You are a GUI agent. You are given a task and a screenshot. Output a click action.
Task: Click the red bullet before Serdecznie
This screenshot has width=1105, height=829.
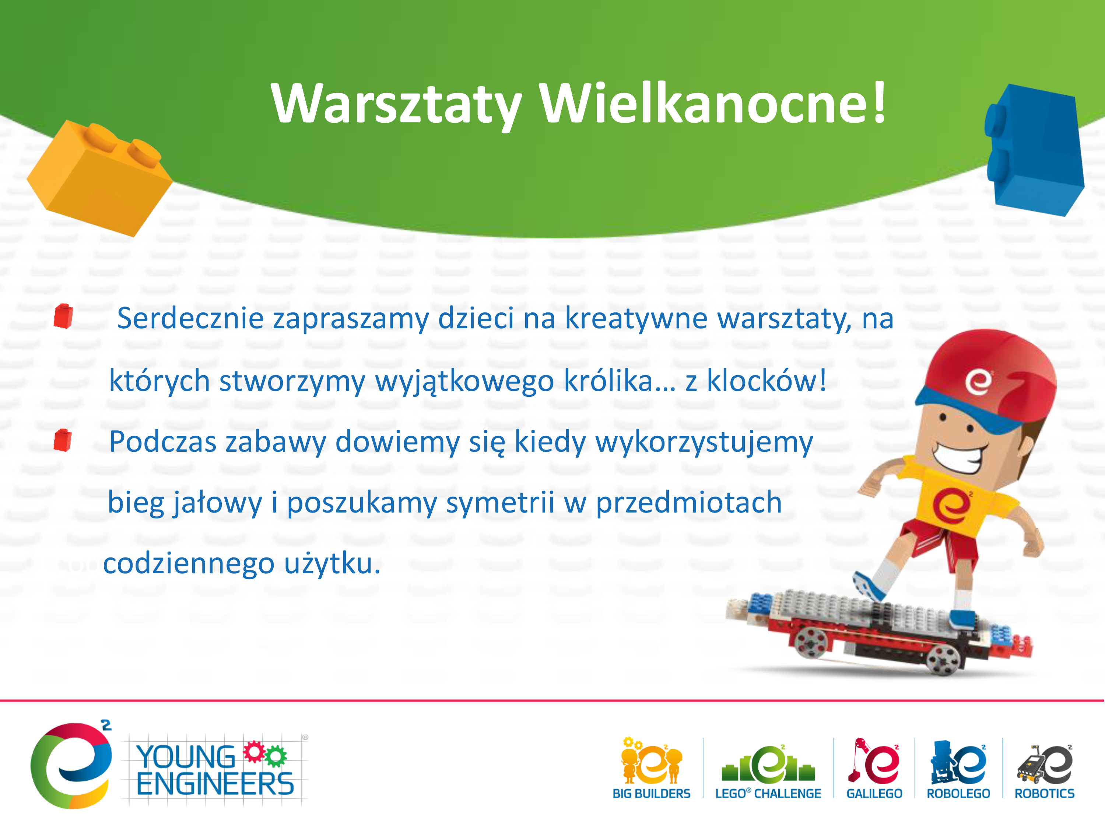[63, 316]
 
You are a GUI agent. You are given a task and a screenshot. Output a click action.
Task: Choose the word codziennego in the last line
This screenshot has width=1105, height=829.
[189, 564]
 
